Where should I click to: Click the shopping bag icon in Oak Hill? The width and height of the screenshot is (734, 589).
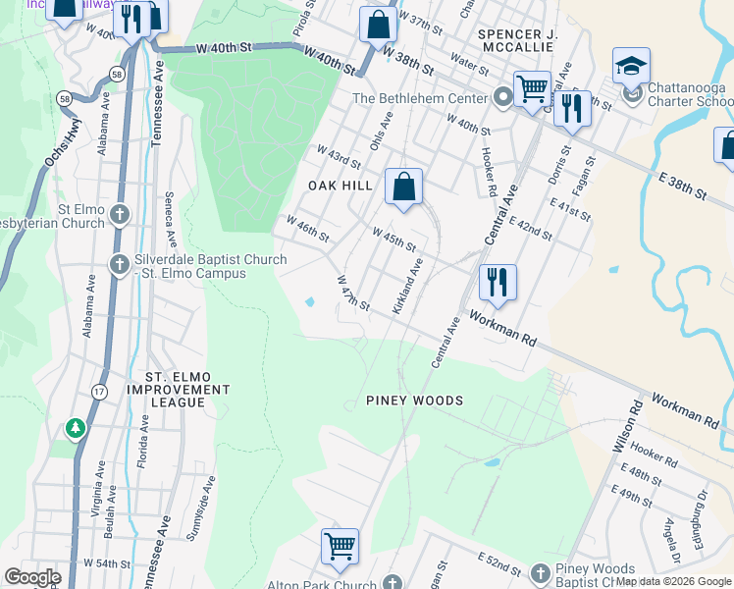click(403, 186)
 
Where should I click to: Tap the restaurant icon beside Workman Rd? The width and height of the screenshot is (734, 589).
click(498, 282)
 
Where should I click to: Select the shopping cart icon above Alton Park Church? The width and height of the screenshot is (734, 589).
click(340, 545)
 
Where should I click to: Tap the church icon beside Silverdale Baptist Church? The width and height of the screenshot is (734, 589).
click(120, 264)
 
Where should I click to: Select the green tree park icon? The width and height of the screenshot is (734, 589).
click(76, 429)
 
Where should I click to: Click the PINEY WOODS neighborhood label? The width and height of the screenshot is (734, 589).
click(414, 401)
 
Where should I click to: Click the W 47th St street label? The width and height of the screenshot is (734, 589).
click(352, 294)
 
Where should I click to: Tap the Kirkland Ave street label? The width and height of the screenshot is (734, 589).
click(407, 286)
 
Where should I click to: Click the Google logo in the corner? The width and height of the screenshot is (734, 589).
click(32, 576)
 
